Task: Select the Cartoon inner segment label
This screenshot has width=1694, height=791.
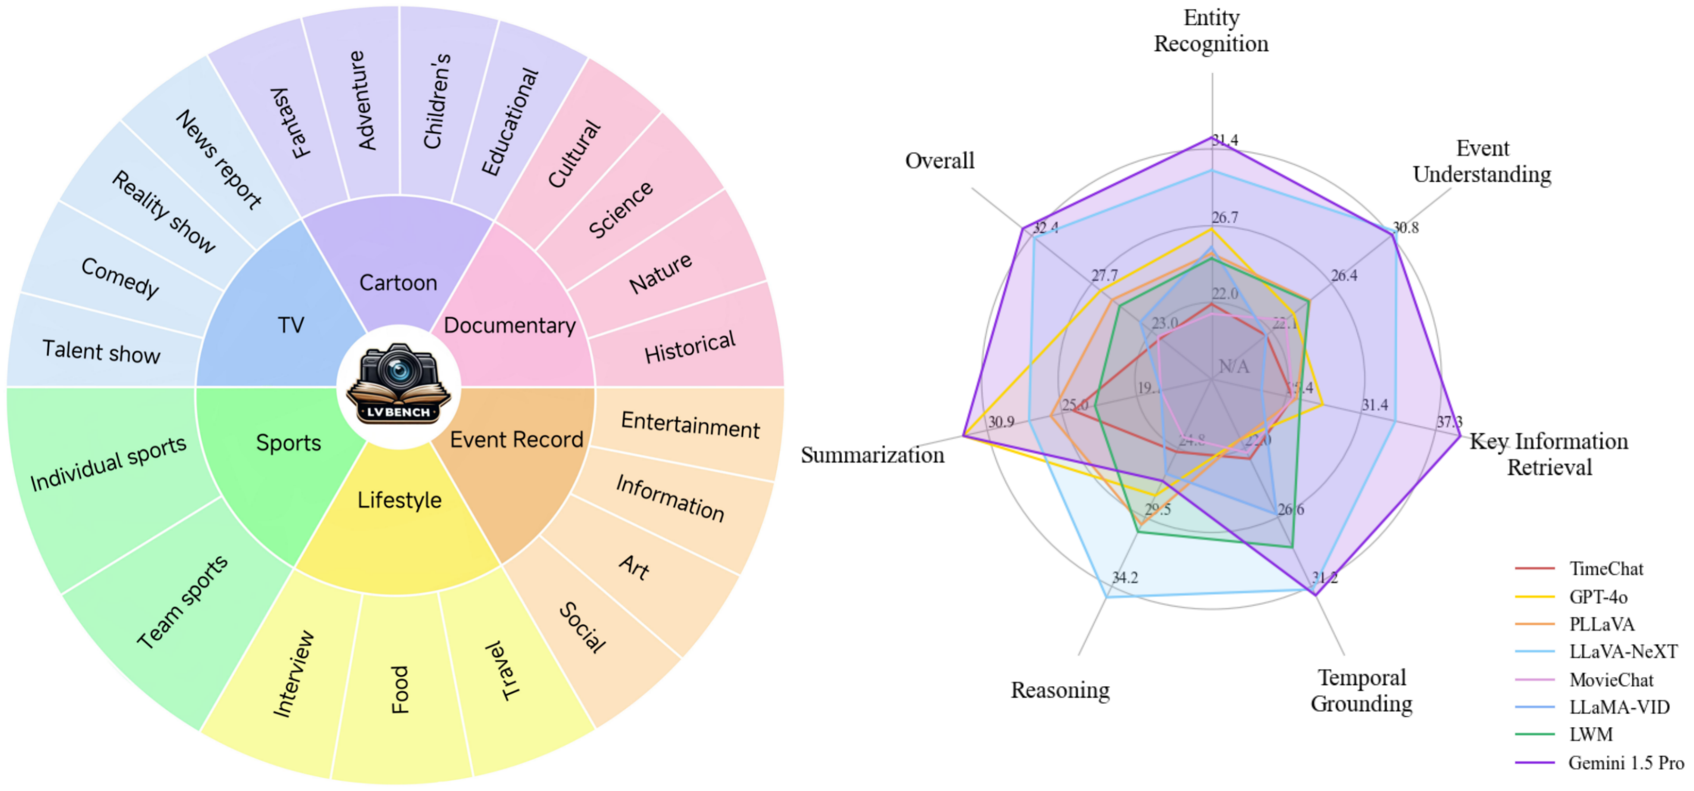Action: (398, 283)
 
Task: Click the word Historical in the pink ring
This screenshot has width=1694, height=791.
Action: (690, 347)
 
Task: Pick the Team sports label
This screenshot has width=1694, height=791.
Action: (182, 602)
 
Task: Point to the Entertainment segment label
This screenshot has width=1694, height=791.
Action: (690, 425)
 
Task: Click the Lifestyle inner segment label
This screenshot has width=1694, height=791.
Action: (399, 500)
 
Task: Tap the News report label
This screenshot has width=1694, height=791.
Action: (219, 159)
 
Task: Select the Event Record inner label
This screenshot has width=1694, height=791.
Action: (516, 440)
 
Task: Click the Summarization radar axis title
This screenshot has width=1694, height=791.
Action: (872, 455)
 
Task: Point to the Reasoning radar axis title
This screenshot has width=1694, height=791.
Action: (1060, 690)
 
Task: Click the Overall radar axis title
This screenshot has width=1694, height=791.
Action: (939, 160)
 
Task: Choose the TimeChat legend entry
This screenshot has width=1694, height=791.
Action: (1606, 569)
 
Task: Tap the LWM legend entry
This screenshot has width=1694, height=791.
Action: (1591, 734)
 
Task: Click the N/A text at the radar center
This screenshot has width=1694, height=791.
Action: (1234, 366)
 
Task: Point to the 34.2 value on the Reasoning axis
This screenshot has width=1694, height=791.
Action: (1124, 578)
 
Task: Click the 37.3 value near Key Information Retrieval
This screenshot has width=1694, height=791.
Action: (1449, 422)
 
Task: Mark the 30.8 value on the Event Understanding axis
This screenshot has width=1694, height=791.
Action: (1405, 228)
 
